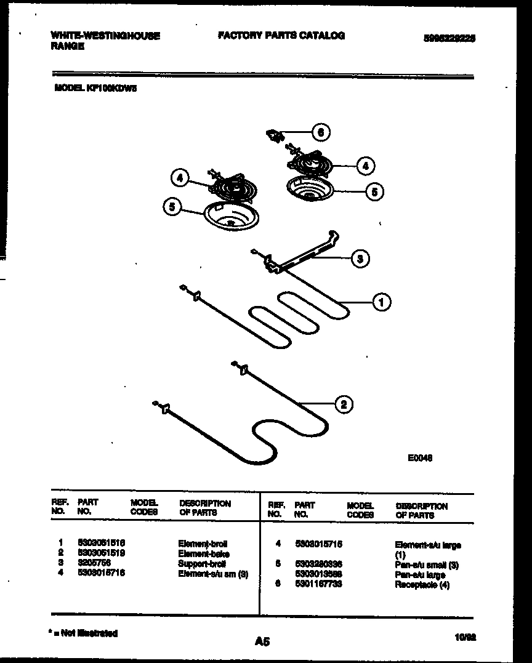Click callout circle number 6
[320, 132]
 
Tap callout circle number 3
[360, 259]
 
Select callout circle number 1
[382, 302]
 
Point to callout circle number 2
[344, 404]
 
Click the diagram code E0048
[420, 457]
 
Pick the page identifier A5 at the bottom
[262, 642]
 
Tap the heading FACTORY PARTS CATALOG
[281, 36]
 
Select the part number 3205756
[94, 563]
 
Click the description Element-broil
[203, 544]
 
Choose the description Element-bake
[204, 554]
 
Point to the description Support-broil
[202, 563]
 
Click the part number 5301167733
[318, 584]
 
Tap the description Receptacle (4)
[422, 585]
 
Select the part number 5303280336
[318, 564]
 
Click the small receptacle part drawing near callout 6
[273, 135]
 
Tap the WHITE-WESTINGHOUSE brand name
[105, 36]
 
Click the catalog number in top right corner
[449, 38]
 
